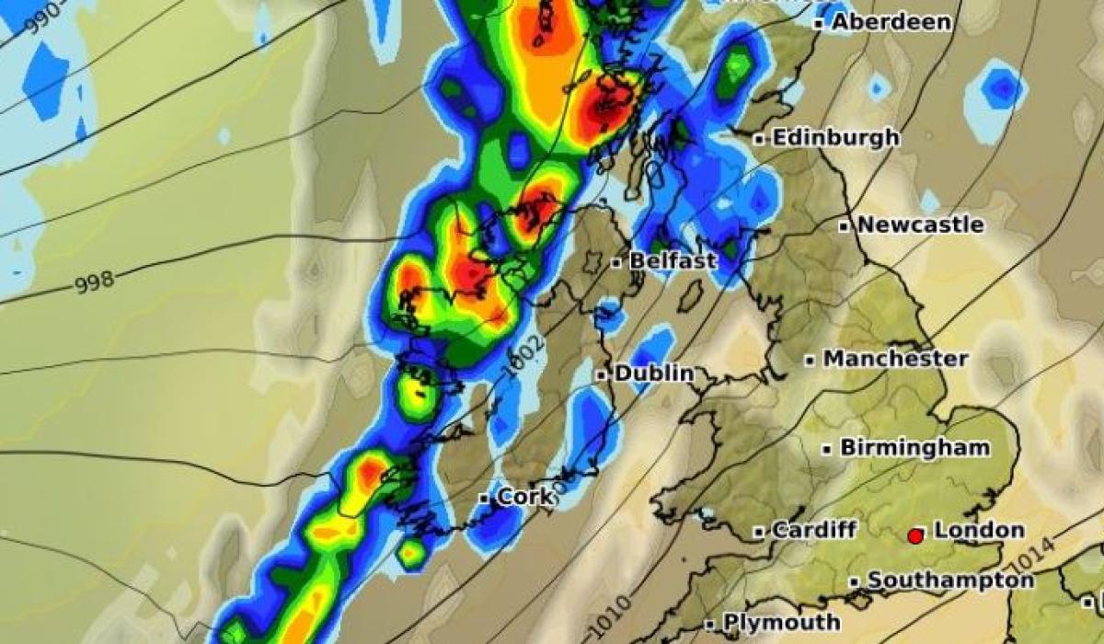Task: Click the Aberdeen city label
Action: coord(891,22)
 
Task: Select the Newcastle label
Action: coord(920,225)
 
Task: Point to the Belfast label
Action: coord(672,261)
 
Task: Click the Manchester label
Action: coord(895,359)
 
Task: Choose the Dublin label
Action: coord(653,374)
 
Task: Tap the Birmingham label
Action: coord(914,448)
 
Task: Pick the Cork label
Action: coord(525,498)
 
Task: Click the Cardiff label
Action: coord(814,530)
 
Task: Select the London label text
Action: coord(978,530)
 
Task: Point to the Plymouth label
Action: coord(781,623)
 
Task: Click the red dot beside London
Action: coord(915,535)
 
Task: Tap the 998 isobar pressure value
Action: coord(94,283)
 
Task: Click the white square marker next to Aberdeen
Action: coord(819,24)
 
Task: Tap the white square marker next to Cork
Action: coord(484,499)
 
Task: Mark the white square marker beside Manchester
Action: coord(810,361)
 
